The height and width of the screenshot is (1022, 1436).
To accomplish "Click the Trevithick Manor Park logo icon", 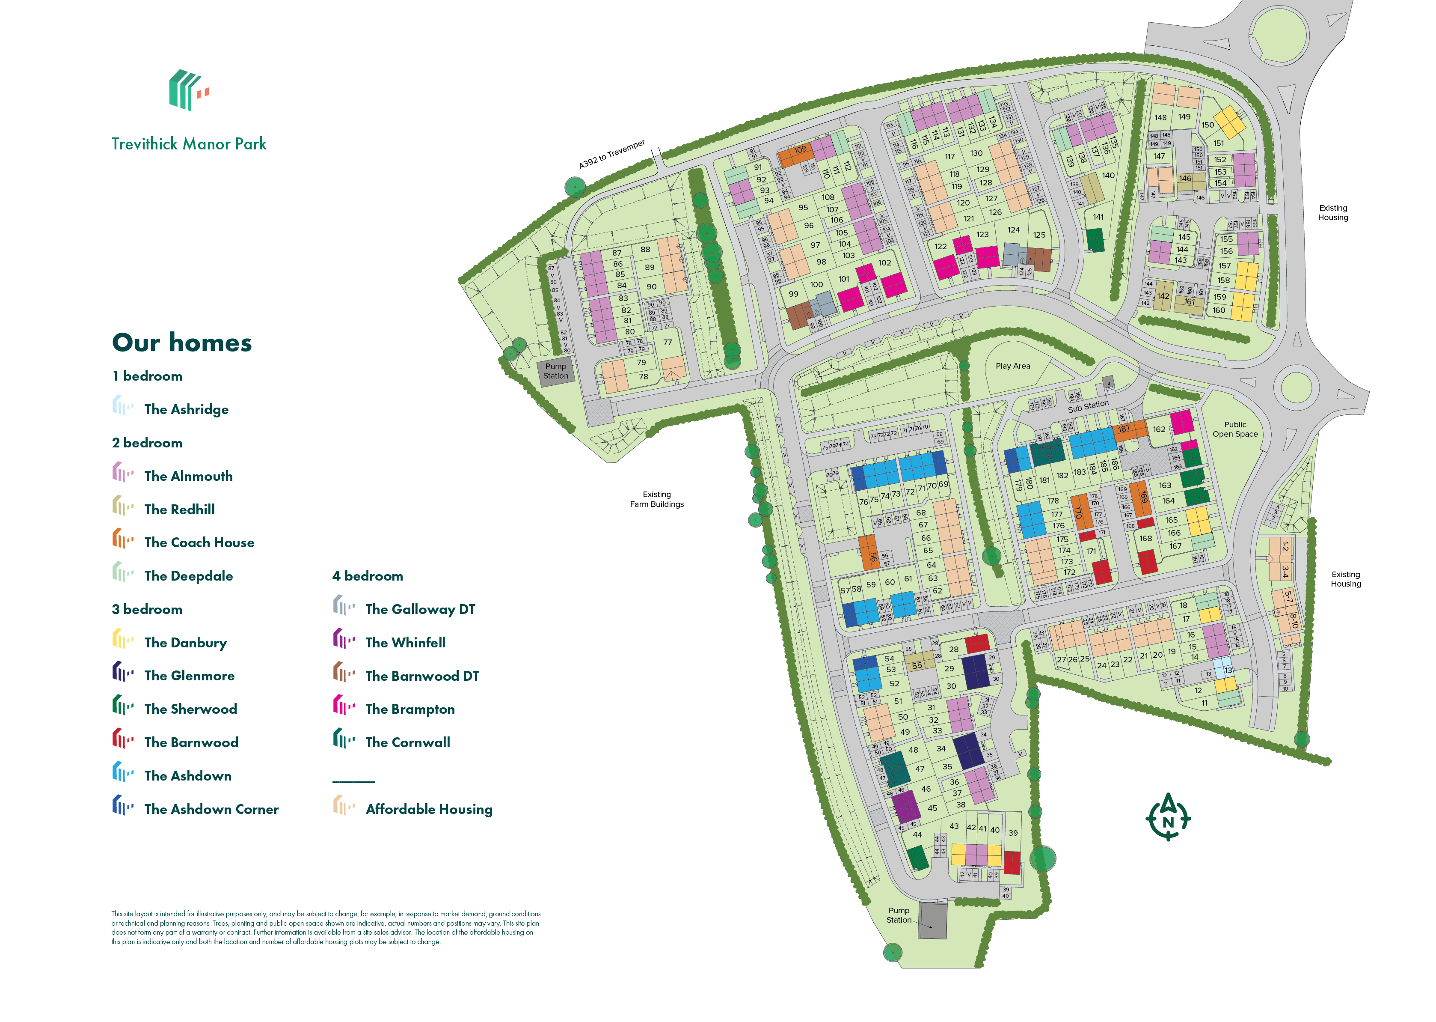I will tap(187, 90).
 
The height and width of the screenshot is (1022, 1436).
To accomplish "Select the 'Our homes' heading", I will tap(182, 343).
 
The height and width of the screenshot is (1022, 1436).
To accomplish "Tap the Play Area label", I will tap(1012, 366).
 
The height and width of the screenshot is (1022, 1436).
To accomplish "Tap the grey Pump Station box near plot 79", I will tap(555, 371).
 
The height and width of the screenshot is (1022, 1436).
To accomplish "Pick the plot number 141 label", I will tap(1098, 217).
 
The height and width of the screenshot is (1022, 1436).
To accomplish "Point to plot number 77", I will tap(668, 343).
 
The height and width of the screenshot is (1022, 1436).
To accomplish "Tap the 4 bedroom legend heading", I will tap(367, 576).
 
